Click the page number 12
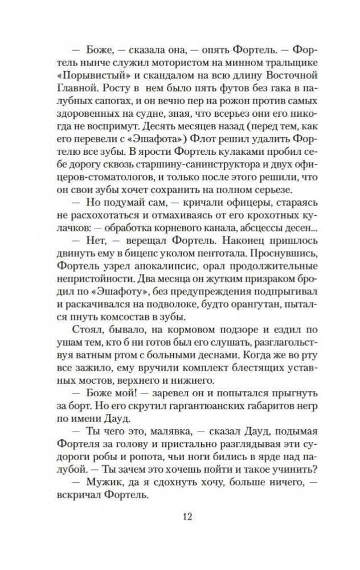coord(180,516)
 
